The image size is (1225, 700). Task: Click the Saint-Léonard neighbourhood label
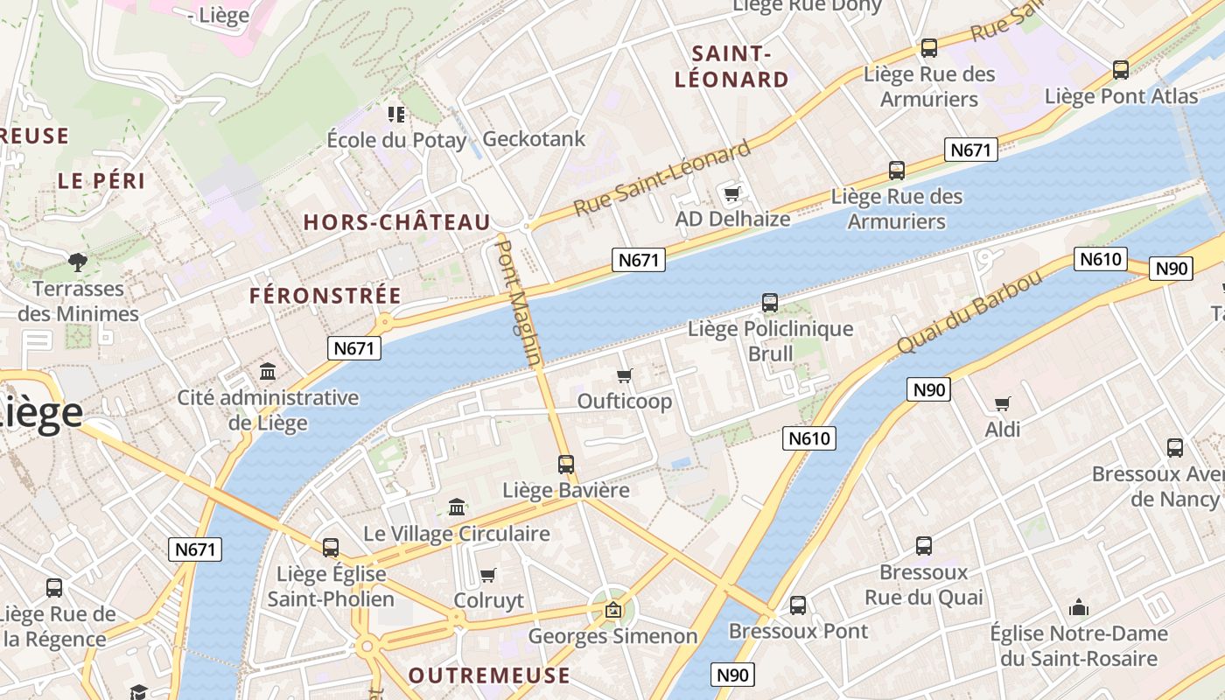(x=731, y=66)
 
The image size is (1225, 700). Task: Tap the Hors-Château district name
(x=396, y=222)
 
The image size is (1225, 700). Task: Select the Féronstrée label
(x=325, y=296)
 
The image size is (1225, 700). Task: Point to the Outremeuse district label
(x=489, y=675)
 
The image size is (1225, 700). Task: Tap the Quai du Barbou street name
(x=969, y=312)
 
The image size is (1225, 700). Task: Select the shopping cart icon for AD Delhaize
(x=731, y=193)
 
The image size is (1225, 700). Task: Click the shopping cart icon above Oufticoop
(x=625, y=376)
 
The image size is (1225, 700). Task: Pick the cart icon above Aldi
(x=1003, y=403)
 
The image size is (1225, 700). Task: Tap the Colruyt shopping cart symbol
(x=488, y=575)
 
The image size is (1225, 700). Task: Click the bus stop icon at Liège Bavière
(x=566, y=465)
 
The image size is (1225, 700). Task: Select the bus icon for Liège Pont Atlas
(x=1121, y=70)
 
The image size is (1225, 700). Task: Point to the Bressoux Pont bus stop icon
(x=798, y=605)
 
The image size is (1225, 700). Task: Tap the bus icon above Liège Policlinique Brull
(x=770, y=303)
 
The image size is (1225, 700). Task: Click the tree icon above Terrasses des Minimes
(x=78, y=262)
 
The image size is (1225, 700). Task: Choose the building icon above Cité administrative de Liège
(x=268, y=372)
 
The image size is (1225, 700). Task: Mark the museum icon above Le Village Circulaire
(x=457, y=507)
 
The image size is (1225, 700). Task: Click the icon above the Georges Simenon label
(x=613, y=610)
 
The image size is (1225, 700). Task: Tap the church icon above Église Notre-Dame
(x=1079, y=607)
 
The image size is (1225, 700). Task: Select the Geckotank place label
(x=534, y=138)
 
